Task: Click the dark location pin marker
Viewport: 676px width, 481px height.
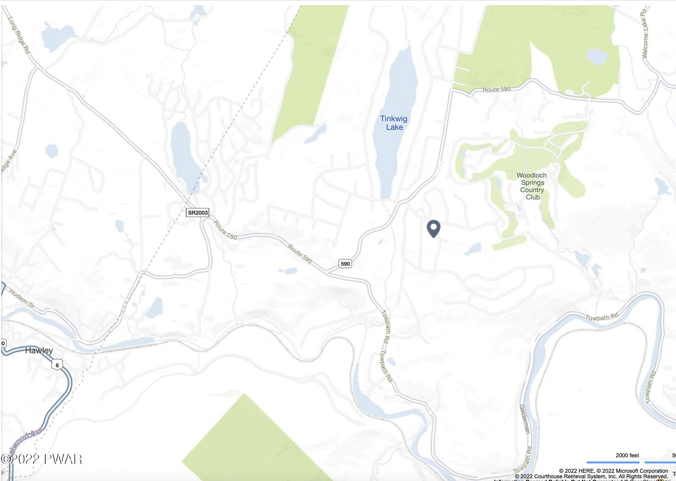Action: coord(433,228)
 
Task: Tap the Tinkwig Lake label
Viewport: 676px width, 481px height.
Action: coord(394,123)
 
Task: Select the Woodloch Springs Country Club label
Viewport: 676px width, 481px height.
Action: coord(532,186)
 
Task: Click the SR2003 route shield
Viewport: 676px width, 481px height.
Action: coord(198,213)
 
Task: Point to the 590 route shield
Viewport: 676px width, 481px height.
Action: coord(345,264)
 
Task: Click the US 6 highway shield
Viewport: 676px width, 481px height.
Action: coord(57,365)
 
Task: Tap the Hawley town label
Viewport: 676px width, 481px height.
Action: coord(39,351)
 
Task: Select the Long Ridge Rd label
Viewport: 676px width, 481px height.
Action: coord(19,35)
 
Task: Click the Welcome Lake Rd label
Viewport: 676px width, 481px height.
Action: coord(644,33)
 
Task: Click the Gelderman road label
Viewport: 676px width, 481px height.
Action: coord(525,419)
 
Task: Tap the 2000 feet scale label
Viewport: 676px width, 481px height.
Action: coord(627,455)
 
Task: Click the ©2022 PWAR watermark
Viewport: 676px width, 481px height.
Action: coord(41,459)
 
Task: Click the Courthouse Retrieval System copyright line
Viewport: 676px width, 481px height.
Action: coord(591,476)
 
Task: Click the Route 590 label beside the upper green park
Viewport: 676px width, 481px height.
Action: coord(497,89)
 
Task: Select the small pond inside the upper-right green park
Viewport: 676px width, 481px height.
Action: coord(597,57)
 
